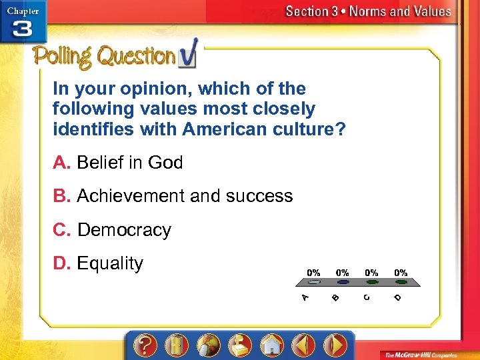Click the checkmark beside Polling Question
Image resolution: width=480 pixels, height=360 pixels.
coord(188,56)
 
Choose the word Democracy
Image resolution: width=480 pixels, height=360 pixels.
coord(124,230)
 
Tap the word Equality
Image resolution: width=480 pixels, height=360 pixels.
coord(110,263)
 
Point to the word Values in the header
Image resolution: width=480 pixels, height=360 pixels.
coord(429,11)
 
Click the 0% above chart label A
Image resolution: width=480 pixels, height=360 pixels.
coord(313,272)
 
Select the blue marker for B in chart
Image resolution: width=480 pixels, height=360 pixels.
coord(342,283)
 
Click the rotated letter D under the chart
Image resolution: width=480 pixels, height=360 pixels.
coord(397,297)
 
